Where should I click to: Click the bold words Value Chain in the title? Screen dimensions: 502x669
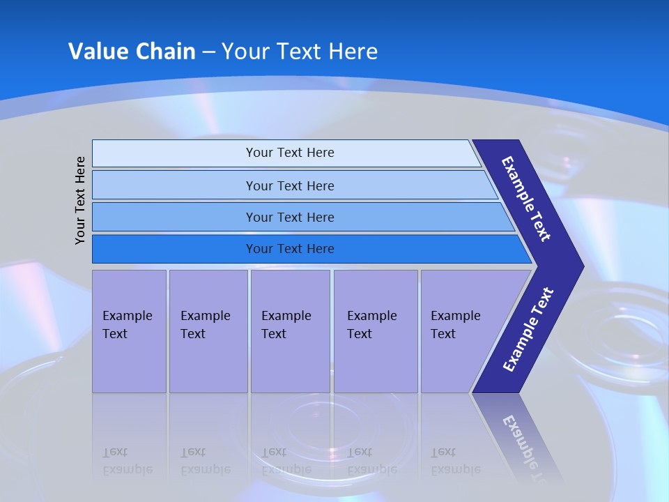pos(132,52)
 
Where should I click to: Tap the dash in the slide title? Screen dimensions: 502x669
pos(208,52)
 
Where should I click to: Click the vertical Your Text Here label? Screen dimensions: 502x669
pos(80,200)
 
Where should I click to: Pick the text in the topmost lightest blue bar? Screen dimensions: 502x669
pos(290,153)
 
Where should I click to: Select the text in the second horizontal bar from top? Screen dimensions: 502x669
pos(290,186)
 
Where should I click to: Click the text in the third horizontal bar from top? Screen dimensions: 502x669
pos(290,218)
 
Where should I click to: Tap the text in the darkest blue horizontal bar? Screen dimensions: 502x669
pos(290,249)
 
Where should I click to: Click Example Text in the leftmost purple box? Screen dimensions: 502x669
pos(127,325)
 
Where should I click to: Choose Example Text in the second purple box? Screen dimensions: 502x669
pos(205,325)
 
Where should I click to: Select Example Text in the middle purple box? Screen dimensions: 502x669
pos(286,325)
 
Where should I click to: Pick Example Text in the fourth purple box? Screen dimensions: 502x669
pos(371,325)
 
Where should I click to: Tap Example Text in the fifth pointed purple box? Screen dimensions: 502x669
pos(455,325)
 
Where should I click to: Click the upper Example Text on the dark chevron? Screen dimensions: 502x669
pos(526,199)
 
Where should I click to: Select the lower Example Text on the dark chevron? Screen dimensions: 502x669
pos(528,330)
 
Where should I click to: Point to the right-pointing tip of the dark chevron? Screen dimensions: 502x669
pos(582,266)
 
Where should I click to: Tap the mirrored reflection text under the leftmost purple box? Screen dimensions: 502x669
pos(127,461)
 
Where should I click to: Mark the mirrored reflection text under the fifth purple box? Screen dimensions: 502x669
pos(455,461)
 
